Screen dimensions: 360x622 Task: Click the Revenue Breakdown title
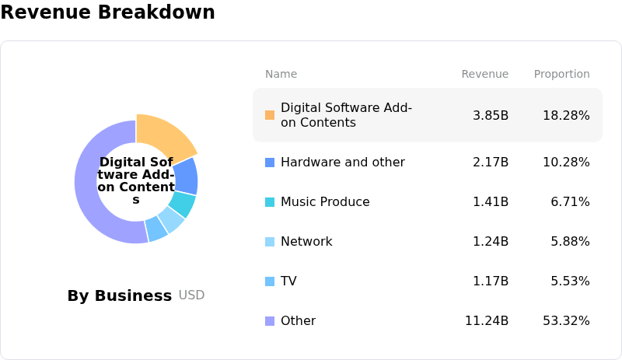coord(107,12)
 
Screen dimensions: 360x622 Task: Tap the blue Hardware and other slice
coord(186,176)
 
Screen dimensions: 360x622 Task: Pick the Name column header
coord(281,74)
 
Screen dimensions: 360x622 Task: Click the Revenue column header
coord(484,74)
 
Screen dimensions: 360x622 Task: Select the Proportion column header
coord(561,74)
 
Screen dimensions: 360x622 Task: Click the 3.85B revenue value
coord(491,115)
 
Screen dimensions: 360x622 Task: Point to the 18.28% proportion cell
coord(566,115)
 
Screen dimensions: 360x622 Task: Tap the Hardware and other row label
coord(342,163)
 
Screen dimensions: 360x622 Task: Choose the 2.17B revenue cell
coord(491,163)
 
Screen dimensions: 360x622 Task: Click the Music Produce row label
coord(325,202)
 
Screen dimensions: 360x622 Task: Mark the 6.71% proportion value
coord(570,202)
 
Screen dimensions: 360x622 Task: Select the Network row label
coord(306,242)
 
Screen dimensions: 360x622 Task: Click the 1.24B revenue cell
coord(491,242)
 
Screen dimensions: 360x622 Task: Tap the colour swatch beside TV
coord(270,281)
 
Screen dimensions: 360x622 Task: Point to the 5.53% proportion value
coord(570,281)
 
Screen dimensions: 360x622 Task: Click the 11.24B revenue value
coord(487,321)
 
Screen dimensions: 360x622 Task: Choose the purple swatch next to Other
coord(270,321)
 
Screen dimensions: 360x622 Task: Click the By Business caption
coord(119,295)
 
